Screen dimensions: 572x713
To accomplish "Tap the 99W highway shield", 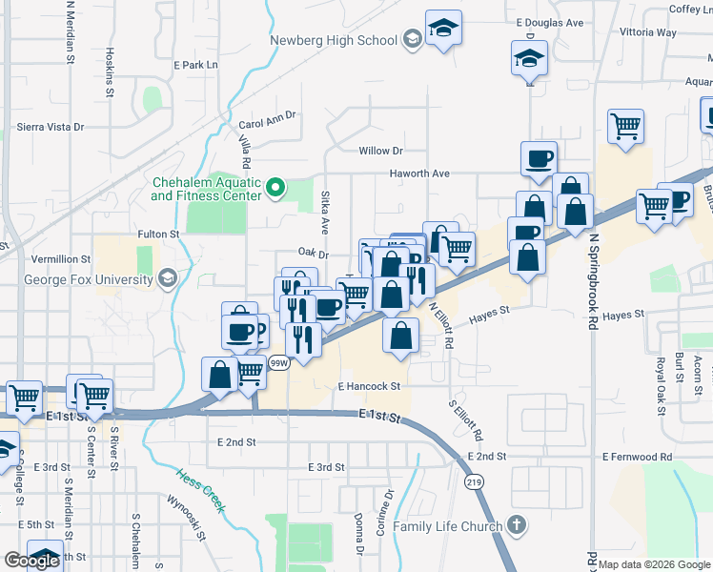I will (278, 362).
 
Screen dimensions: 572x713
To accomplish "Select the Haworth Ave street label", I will (418, 174).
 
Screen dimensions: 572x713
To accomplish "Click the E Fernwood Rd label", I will (637, 458).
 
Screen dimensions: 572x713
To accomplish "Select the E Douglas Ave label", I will (549, 22).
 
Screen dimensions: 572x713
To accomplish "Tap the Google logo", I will (31, 561).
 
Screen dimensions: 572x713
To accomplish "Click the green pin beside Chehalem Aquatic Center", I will (276, 188).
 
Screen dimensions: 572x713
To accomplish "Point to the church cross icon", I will (516, 525).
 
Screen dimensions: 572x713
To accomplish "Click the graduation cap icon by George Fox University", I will (168, 279).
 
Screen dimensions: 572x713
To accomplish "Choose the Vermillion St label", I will (59, 258).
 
